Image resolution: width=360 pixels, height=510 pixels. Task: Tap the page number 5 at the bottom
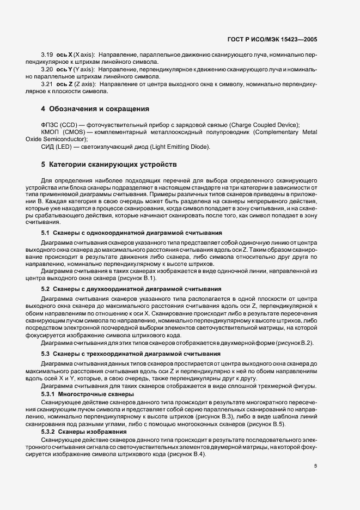point(316,466)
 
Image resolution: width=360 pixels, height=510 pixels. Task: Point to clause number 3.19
point(47,56)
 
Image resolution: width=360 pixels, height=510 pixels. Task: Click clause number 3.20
point(47,70)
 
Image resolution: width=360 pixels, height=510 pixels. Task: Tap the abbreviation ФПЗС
point(50,125)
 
